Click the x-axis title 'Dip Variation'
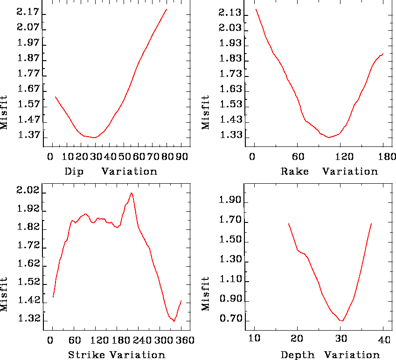[x=111, y=171]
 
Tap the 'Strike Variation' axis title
[x=117, y=355]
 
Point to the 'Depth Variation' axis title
[x=330, y=355]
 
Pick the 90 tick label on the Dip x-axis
[x=181, y=157]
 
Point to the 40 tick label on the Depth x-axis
[x=383, y=340]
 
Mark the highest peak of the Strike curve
[x=132, y=193]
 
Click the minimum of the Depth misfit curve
[x=342, y=321]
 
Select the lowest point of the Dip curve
[x=94, y=138]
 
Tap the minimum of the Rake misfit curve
[x=329, y=138]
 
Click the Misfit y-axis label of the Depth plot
[x=206, y=294]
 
